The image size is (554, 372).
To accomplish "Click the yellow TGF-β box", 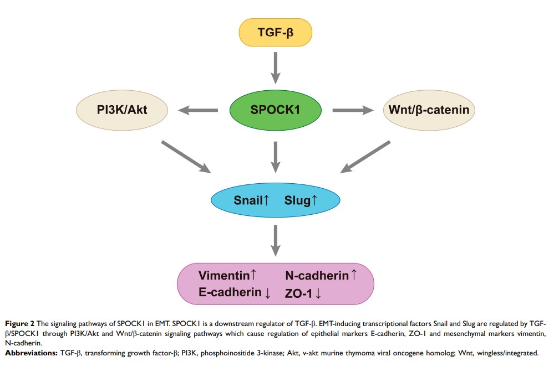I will pyautogui.click(x=276, y=32).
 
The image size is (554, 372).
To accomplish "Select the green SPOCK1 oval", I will pyautogui.click(x=276, y=110).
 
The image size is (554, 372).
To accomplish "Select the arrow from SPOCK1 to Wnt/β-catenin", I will pyautogui.click(x=353, y=110).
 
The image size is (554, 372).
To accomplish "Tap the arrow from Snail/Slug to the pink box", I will pyautogui.click(x=276, y=239).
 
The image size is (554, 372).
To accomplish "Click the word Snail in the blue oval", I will pyautogui.click(x=247, y=200).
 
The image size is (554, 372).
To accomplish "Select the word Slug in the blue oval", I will pyautogui.click(x=297, y=200).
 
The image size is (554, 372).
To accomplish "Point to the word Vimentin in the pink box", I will pyautogui.click(x=224, y=275).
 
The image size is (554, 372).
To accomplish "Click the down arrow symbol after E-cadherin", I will pyautogui.click(x=268, y=293).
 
